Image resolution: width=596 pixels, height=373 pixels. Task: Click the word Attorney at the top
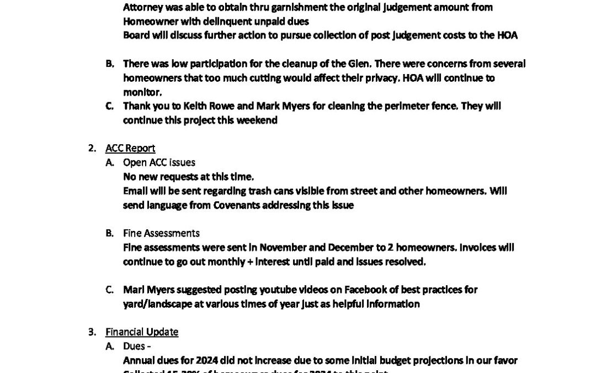(x=142, y=8)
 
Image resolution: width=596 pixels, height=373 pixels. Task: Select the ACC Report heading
(x=130, y=148)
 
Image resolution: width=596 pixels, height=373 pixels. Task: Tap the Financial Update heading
(x=142, y=332)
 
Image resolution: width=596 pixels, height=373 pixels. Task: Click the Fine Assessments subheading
(x=161, y=233)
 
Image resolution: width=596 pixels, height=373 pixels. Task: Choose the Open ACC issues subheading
(x=159, y=162)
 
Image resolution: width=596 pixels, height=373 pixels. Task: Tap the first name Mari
(x=134, y=290)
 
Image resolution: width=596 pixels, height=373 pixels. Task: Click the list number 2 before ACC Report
(x=91, y=148)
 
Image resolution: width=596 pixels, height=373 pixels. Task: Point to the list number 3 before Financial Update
(x=91, y=332)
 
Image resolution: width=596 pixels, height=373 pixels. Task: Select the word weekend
(x=258, y=120)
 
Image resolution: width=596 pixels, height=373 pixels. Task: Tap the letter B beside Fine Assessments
(x=110, y=233)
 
